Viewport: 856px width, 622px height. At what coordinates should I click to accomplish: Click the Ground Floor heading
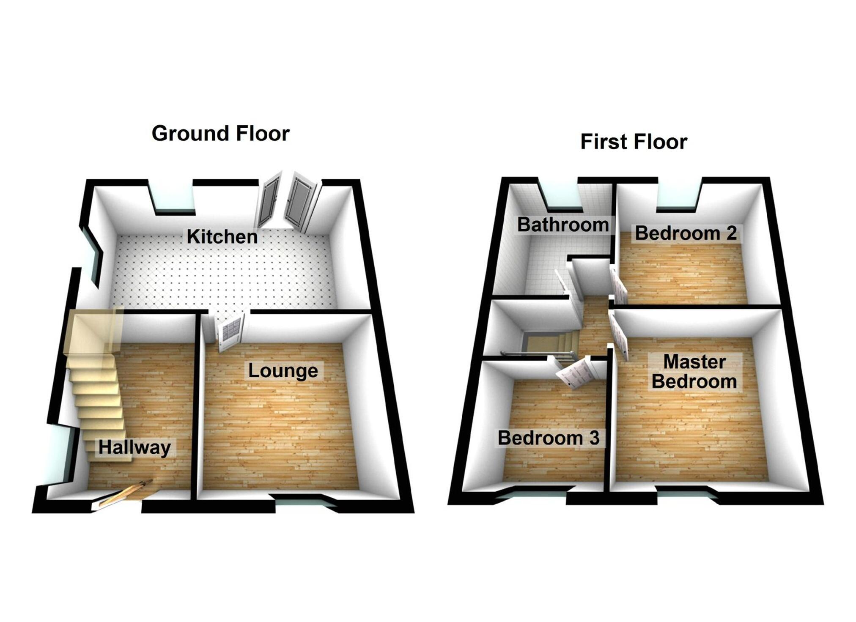[x=220, y=134]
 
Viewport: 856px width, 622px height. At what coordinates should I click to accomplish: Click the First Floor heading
[x=633, y=142]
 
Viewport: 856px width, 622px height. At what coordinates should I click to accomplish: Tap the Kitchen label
[x=222, y=237]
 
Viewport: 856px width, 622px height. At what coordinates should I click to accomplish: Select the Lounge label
[x=283, y=371]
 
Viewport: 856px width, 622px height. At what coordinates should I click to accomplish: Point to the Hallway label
[x=134, y=447]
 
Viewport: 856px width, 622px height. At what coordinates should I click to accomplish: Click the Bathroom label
[x=563, y=225]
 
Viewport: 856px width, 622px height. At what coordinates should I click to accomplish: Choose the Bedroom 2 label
[x=685, y=233]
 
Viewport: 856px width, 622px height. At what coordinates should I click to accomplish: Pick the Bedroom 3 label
[x=549, y=438]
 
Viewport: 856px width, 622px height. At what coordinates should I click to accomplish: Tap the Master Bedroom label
[x=694, y=372]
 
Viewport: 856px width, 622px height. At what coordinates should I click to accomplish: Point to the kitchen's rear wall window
[x=173, y=197]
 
